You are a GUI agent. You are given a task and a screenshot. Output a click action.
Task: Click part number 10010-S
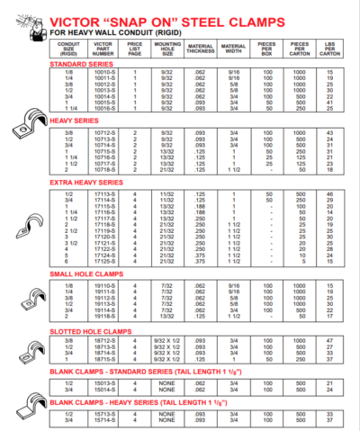pyautogui.click(x=105, y=71)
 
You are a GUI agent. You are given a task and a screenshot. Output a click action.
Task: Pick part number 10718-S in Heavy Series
pyautogui.click(x=105, y=169)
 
